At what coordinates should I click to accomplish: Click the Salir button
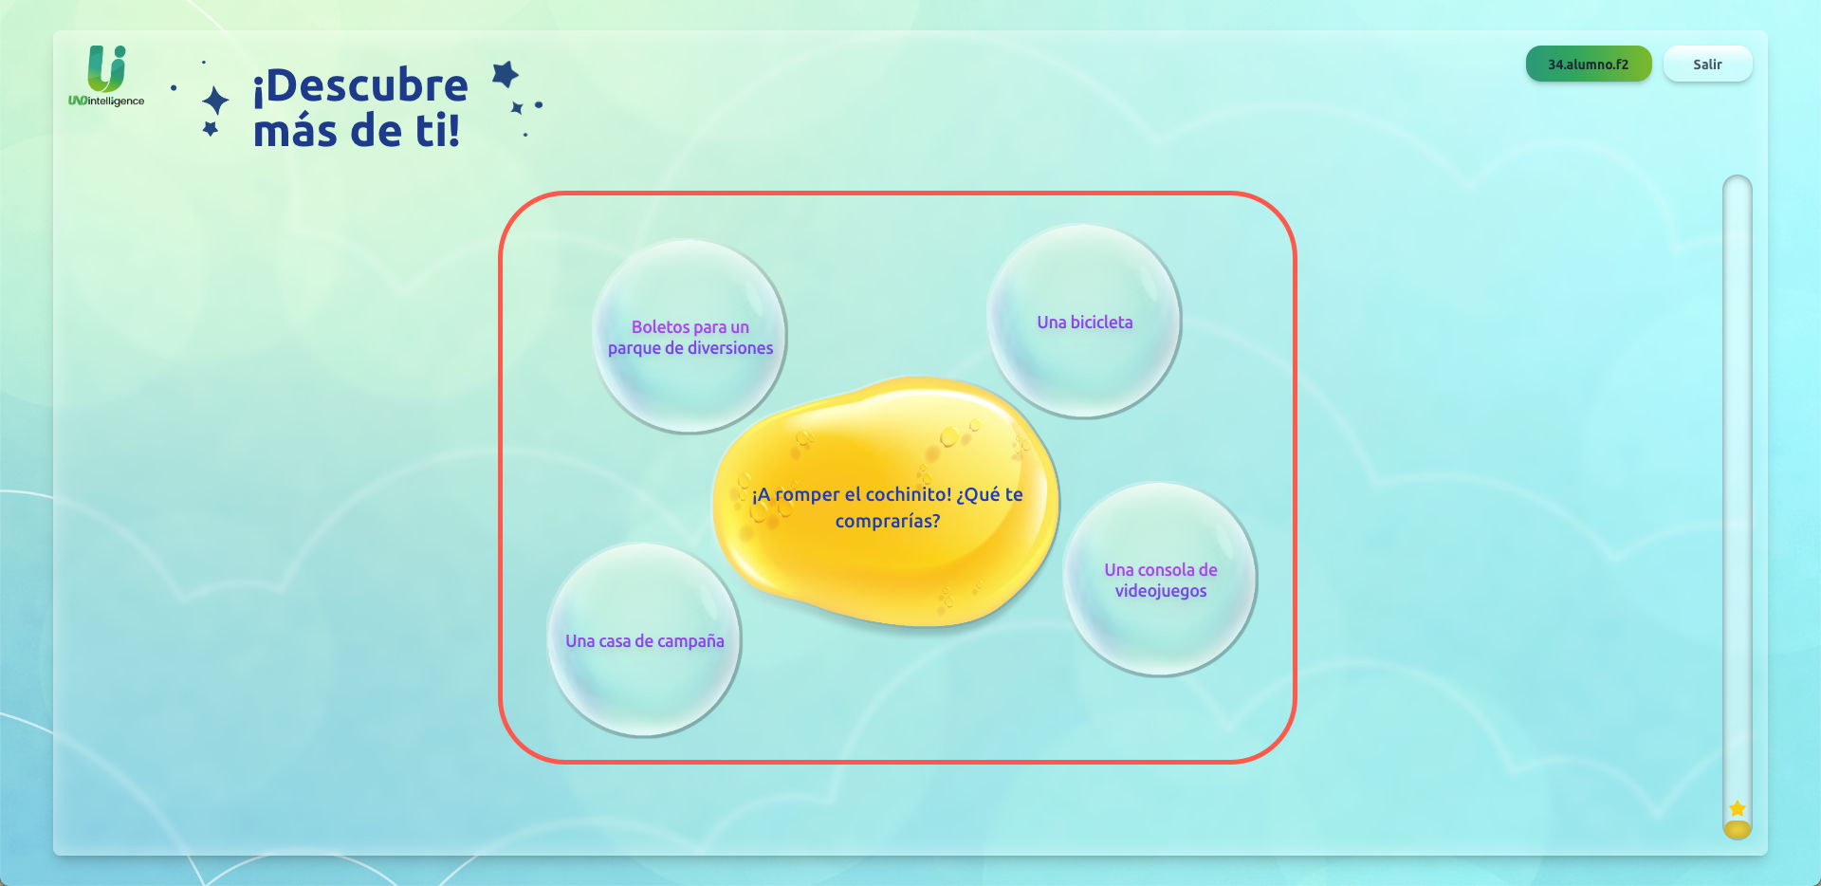[1707, 65]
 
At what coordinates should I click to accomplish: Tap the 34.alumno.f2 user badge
[1589, 65]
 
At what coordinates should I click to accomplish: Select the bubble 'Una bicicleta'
[1084, 322]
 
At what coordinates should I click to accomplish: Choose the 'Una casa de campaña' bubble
[645, 640]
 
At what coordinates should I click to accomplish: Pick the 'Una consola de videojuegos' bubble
[1160, 580]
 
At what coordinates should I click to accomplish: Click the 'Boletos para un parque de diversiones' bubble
[690, 337]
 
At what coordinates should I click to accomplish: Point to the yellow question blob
[887, 503]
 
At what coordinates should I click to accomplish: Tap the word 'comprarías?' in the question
[888, 521]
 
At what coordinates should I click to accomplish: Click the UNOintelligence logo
[106, 76]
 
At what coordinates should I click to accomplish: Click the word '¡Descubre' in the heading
[360, 85]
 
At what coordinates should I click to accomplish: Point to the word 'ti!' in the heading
[437, 130]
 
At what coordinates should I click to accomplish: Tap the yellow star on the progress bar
[1738, 809]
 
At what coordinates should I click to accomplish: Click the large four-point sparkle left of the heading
[216, 101]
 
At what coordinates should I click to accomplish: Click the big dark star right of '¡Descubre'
[506, 74]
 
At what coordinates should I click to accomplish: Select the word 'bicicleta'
[1102, 323]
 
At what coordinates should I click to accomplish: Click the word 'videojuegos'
[1161, 591]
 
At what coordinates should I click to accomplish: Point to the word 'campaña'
[690, 641]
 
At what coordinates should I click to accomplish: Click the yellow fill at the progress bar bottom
[1738, 830]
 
